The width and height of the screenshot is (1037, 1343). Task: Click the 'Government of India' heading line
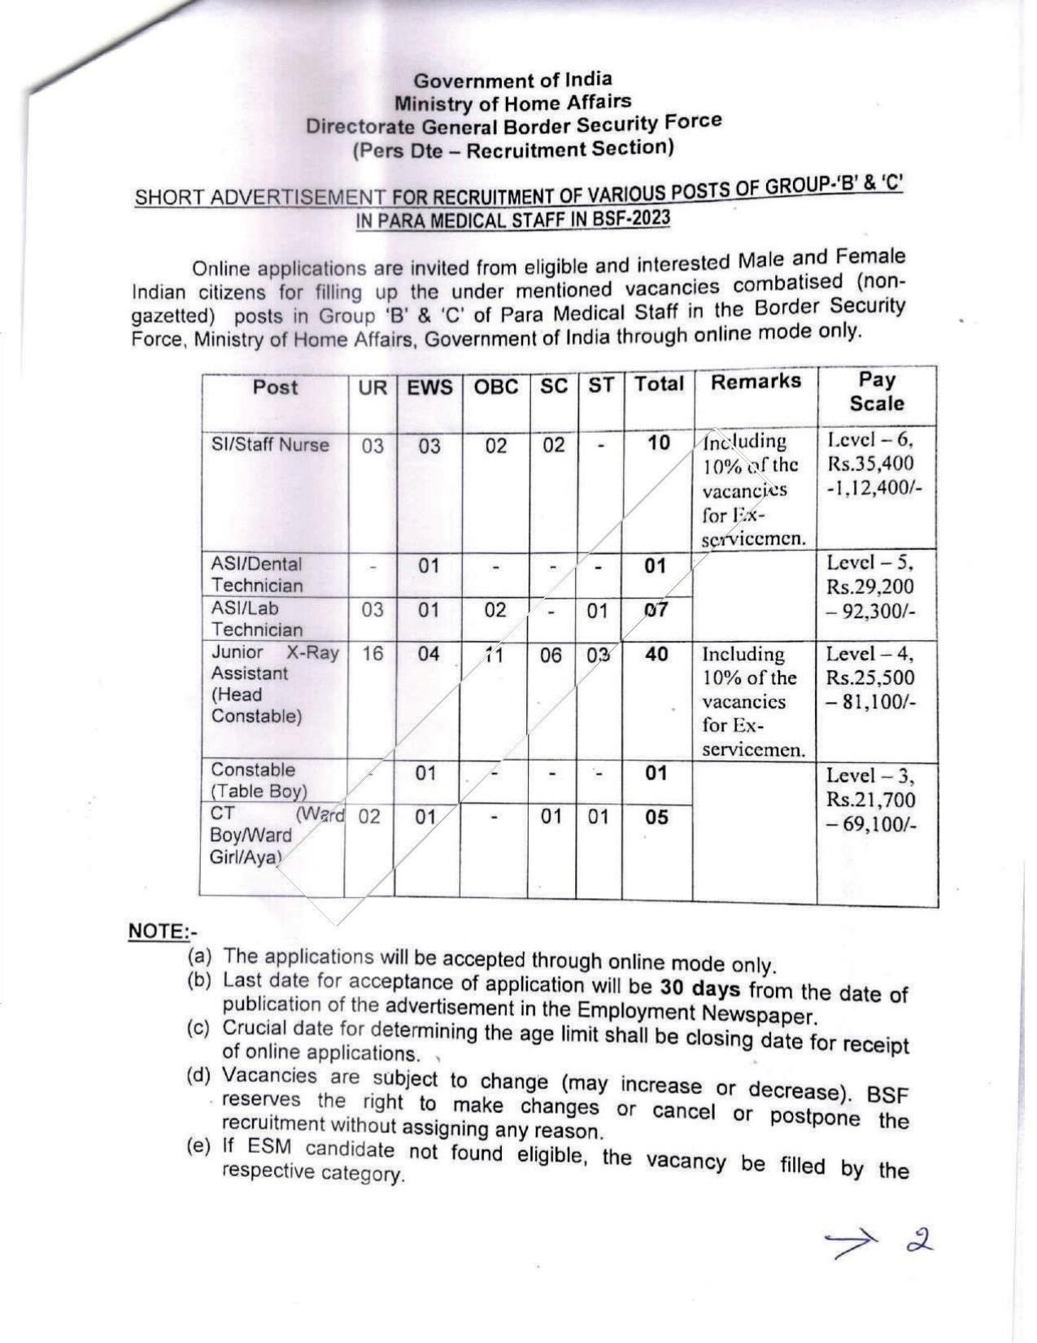point(512,80)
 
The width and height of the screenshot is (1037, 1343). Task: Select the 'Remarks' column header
point(756,382)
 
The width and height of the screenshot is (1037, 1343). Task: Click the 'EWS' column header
point(429,387)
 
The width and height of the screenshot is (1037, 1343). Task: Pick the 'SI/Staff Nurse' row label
point(270,445)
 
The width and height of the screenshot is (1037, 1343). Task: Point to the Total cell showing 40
point(656,654)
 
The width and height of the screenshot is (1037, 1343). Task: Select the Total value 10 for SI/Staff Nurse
point(659,443)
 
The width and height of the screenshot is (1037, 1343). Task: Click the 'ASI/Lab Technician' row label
point(257,618)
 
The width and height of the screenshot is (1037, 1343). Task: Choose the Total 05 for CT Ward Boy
point(656,817)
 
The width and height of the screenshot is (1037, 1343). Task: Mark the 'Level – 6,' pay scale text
point(870,439)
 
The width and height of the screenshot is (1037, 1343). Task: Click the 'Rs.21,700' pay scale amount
point(870,800)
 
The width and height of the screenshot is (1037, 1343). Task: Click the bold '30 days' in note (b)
point(699,988)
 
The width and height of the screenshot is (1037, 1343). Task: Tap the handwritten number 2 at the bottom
point(921,1241)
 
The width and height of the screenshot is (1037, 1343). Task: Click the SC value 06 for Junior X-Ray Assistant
point(551,655)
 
